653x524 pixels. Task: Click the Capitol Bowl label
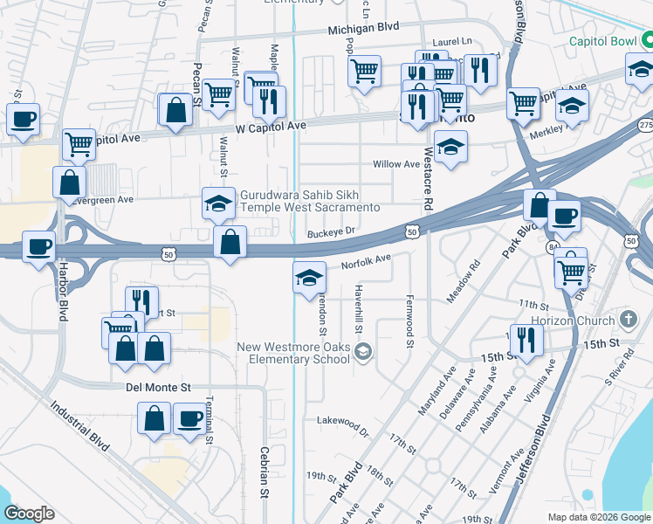(603, 41)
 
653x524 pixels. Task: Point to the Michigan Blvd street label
(363, 28)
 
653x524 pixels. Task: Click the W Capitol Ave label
(272, 126)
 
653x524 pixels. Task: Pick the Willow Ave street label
(395, 164)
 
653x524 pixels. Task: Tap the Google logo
(29, 514)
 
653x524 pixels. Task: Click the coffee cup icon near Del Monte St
(189, 419)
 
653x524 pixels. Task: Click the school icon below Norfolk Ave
(308, 279)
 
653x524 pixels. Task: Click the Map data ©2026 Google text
(598, 517)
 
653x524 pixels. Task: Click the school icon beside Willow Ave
(450, 148)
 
